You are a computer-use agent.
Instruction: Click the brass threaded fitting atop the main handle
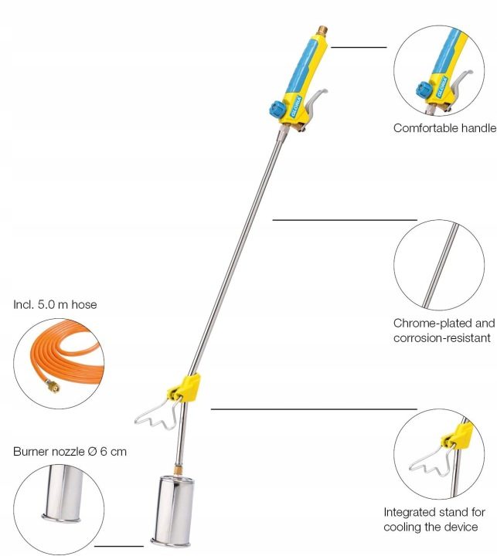[322, 31]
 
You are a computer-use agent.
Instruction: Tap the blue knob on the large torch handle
[276, 109]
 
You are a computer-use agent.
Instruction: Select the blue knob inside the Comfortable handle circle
[424, 90]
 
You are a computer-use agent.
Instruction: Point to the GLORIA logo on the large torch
[296, 107]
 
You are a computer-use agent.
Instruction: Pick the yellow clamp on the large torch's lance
[185, 387]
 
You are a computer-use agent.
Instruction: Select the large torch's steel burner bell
[173, 511]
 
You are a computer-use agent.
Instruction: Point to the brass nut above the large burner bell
[179, 470]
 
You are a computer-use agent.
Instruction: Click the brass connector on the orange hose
[53, 385]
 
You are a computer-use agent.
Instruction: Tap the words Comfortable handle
[444, 128]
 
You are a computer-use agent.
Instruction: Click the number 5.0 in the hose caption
[46, 304]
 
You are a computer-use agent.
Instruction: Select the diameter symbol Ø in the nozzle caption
[92, 452]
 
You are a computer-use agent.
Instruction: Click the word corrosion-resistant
[442, 338]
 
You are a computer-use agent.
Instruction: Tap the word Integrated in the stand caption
[408, 513]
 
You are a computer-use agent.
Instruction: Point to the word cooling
[401, 527]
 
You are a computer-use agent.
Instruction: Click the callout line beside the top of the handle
[359, 47]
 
